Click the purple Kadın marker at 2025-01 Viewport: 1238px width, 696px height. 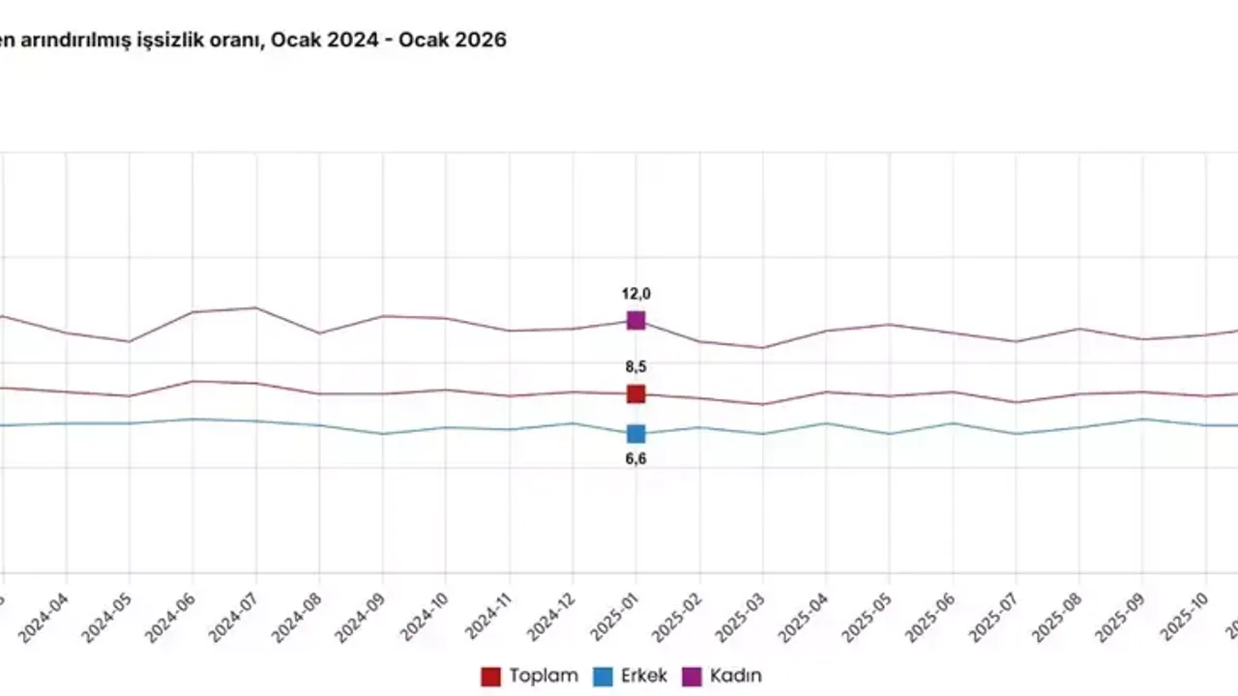635,320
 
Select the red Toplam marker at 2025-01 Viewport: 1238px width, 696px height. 635,393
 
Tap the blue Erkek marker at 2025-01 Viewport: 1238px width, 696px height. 635,433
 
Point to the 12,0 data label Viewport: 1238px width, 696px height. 635,294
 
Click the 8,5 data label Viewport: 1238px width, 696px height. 635,366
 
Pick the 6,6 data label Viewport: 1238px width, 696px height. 635,459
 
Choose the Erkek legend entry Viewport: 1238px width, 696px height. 632,676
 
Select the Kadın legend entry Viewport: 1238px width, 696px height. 722,676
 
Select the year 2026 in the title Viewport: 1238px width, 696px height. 481,41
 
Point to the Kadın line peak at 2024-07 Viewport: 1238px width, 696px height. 256,307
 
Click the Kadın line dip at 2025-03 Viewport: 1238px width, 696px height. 763,348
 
